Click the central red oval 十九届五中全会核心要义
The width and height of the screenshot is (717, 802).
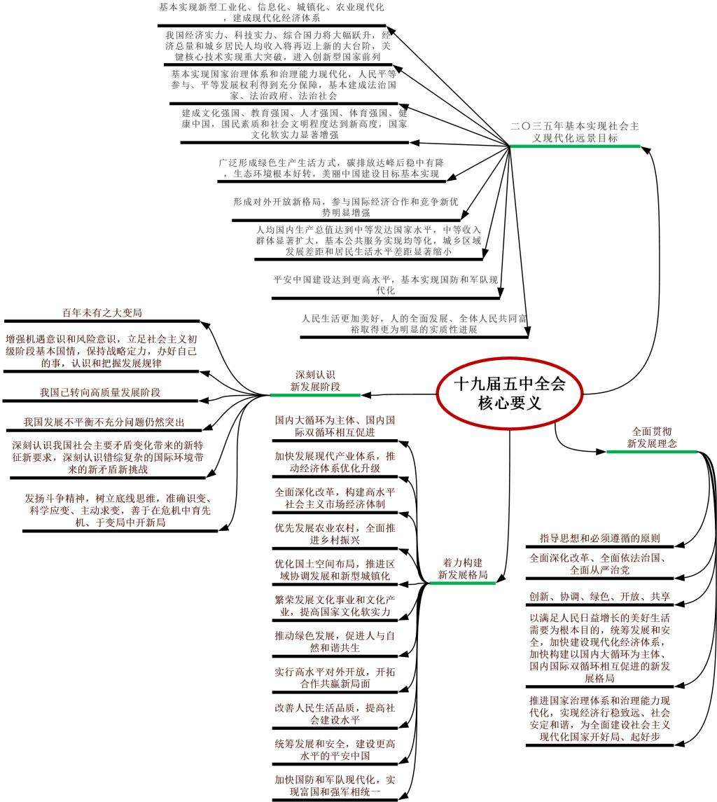pos(509,394)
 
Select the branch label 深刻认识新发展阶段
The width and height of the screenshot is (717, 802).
pos(315,381)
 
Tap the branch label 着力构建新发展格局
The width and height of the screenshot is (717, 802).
pos(463,569)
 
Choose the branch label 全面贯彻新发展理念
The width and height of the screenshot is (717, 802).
pos(652,437)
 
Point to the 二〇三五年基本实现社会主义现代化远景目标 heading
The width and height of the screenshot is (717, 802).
pos(575,132)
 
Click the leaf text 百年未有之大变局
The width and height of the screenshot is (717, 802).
pos(102,312)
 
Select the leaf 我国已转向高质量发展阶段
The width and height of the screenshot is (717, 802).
pos(100,392)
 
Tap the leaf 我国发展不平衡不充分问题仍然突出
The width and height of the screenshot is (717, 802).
pos(104,422)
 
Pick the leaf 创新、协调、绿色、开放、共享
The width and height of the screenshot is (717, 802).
pos(600,596)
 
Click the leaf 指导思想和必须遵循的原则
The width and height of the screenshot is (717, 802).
pos(600,538)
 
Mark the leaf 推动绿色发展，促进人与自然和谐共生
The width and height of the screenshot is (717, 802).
pos(335,642)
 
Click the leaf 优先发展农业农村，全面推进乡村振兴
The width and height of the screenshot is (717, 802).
pos(335,534)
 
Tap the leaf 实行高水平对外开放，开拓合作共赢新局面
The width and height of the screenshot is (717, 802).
pos(335,678)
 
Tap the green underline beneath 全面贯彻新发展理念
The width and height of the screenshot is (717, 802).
pos(652,452)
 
